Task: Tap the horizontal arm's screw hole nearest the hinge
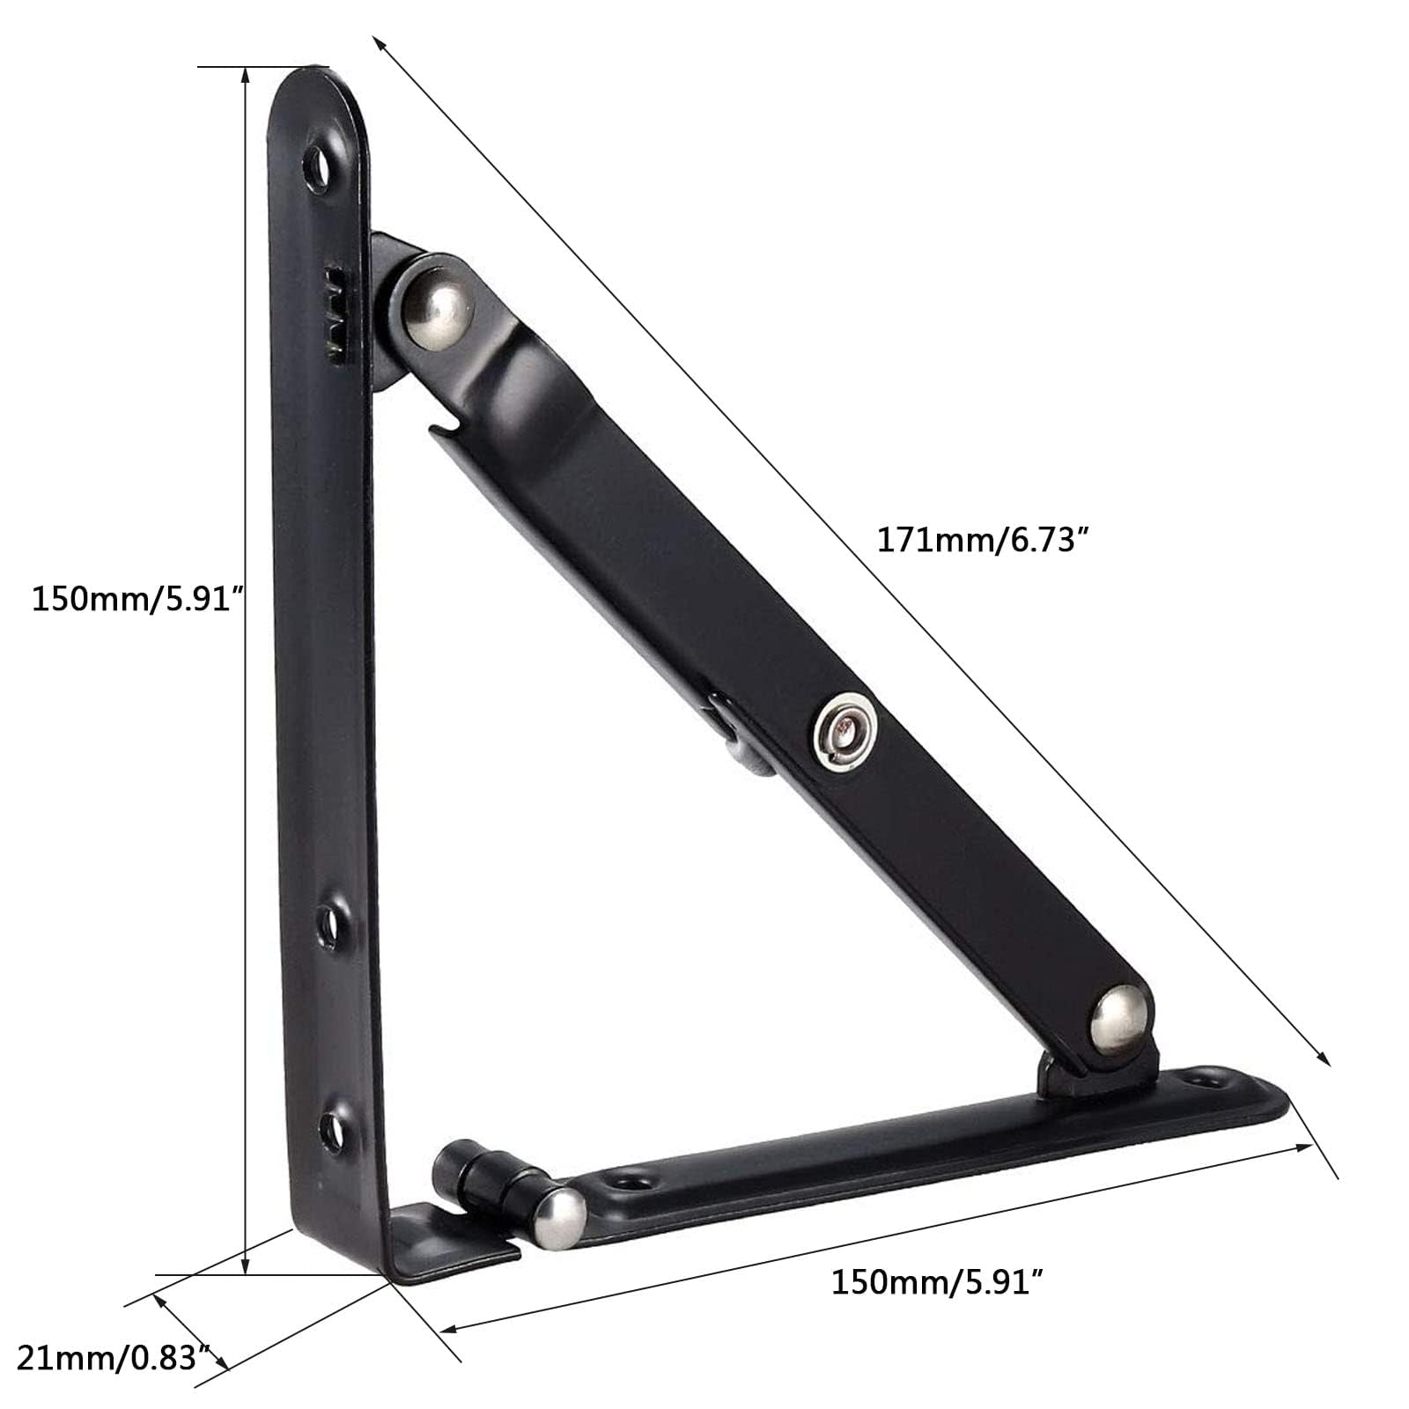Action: pos(633,1177)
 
